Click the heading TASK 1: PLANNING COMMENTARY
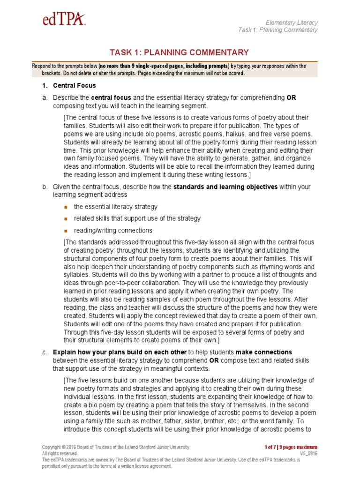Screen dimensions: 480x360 [179, 52]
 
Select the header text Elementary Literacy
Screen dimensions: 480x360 [291, 22]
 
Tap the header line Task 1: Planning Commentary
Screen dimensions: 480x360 [277, 30]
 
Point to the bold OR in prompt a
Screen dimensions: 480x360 [291, 97]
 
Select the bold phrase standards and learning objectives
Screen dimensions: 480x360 [225, 187]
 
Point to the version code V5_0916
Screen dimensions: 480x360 [308, 454]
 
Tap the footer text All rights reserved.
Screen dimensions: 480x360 [60, 454]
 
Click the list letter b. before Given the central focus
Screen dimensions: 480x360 [45, 187]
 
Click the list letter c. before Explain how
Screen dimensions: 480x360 [45, 352]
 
